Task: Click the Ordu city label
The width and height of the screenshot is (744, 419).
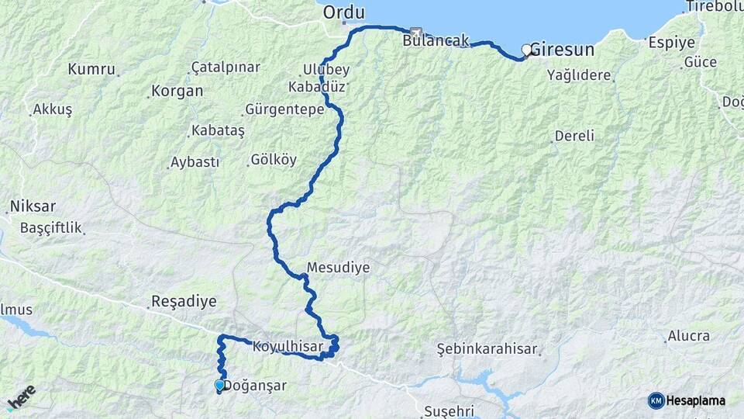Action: coord(343,12)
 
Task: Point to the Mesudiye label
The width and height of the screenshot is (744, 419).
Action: coord(338,267)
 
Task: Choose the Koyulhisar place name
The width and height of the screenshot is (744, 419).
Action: coord(288,347)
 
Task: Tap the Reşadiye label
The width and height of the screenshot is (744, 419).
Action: coord(184,301)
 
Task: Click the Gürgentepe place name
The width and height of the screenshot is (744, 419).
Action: coord(284,109)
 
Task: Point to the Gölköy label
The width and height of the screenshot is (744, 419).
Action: coord(274,161)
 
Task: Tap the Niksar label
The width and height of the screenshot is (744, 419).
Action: coord(32,207)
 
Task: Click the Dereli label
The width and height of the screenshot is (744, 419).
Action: coord(574,136)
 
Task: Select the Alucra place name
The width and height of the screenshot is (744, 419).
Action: coord(687,336)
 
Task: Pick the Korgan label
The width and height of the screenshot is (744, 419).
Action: coord(177,91)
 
